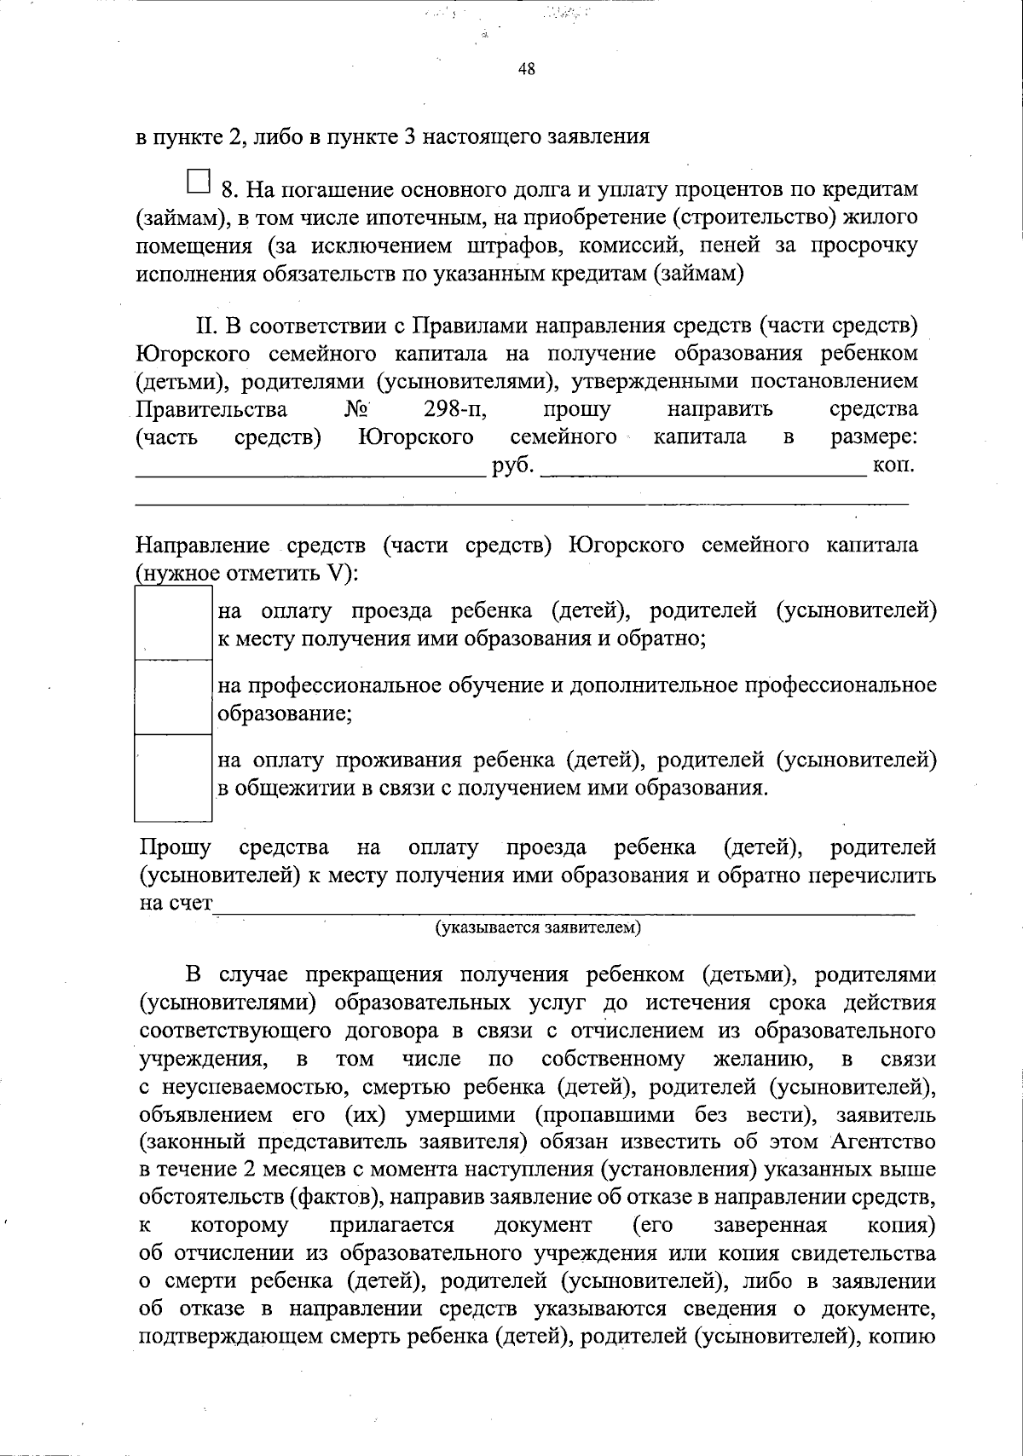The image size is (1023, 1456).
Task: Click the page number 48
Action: click(x=526, y=70)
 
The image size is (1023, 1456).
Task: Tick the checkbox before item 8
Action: click(x=198, y=181)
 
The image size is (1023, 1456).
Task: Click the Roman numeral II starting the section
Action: click(x=208, y=326)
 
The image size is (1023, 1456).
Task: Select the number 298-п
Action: click(x=454, y=409)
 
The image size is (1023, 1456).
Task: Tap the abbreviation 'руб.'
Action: click(x=513, y=466)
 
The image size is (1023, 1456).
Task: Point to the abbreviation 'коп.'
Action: click(x=894, y=466)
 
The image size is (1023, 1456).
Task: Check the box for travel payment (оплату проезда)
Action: click(x=173, y=623)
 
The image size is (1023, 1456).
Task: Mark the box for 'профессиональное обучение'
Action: click(x=173, y=697)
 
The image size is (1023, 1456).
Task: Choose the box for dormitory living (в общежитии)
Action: click(x=173, y=775)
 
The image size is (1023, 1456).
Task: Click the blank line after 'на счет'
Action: click(x=563, y=909)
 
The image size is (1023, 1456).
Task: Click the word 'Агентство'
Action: click(x=882, y=1141)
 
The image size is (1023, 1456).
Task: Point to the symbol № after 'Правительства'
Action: click(x=356, y=409)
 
